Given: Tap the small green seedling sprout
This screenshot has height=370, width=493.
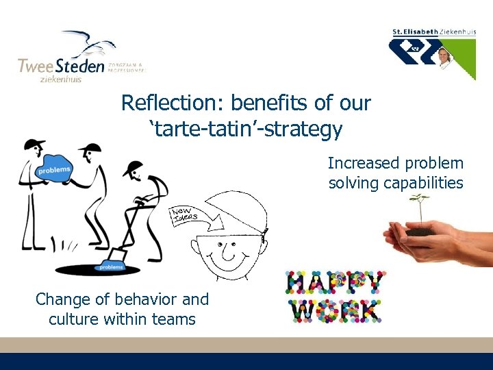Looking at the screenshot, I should tap(419, 206).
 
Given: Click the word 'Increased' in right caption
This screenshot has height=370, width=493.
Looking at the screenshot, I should tap(362, 164).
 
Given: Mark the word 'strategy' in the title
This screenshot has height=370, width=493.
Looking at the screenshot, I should tap(305, 128).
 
